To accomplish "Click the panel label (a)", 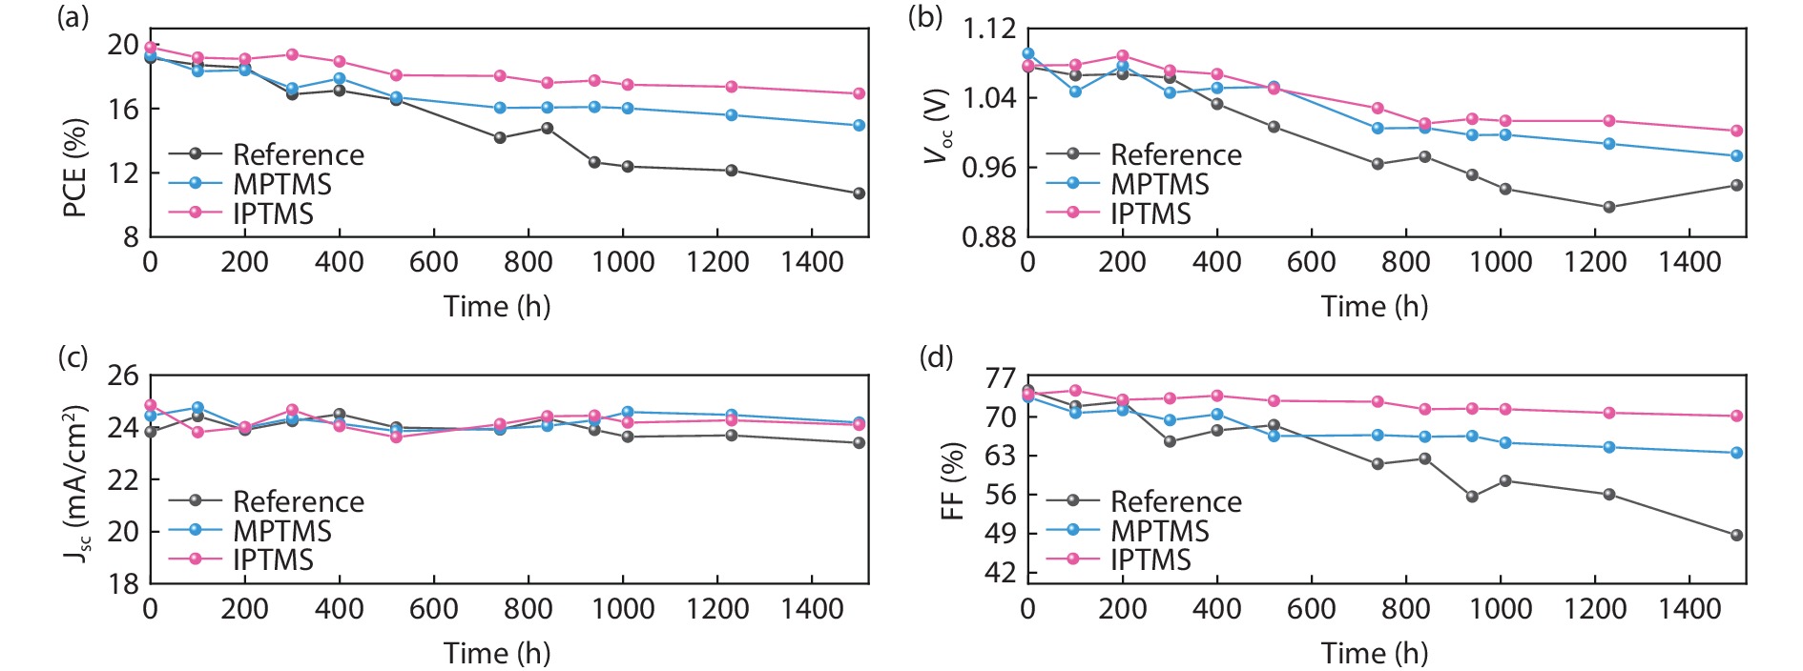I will (x=73, y=17).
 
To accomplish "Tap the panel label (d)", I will (x=936, y=357).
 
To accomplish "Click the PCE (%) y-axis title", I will (x=75, y=168).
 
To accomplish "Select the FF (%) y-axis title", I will (x=953, y=480).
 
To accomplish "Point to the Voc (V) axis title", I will (x=939, y=126).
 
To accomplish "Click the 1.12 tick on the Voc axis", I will (x=989, y=29).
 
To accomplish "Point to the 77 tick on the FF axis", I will (x=1001, y=378).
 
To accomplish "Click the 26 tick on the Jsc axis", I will (x=123, y=376).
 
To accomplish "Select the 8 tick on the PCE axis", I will (x=131, y=237).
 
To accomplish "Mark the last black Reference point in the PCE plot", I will (x=859, y=193).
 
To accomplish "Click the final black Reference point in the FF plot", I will (x=1736, y=536).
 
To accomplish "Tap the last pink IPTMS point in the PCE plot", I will (x=859, y=93).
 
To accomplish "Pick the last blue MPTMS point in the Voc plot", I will (x=1736, y=155).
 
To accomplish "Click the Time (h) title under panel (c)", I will (x=497, y=653).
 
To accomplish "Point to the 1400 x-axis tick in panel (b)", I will (x=1689, y=262).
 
